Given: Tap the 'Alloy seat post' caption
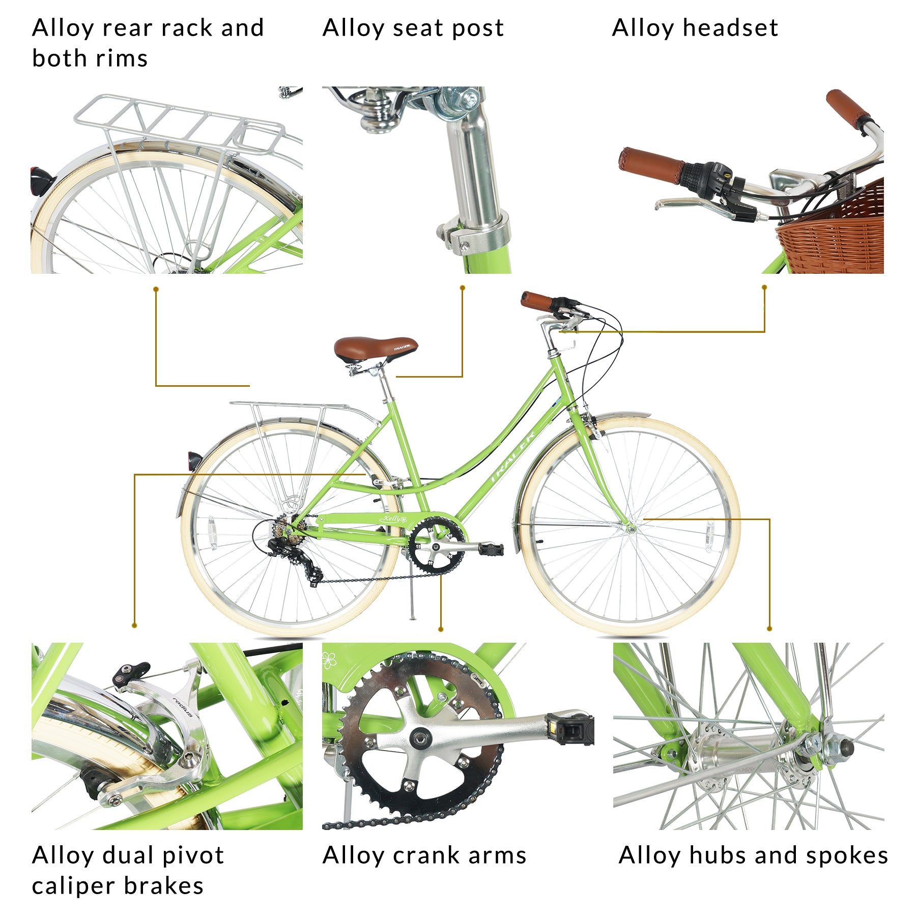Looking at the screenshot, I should [x=413, y=28].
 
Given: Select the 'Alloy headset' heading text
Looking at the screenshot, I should [x=695, y=28].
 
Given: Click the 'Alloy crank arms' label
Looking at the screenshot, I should [x=424, y=855].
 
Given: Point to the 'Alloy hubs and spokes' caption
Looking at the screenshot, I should [x=753, y=855].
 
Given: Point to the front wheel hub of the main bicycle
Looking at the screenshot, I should [x=631, y=529].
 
